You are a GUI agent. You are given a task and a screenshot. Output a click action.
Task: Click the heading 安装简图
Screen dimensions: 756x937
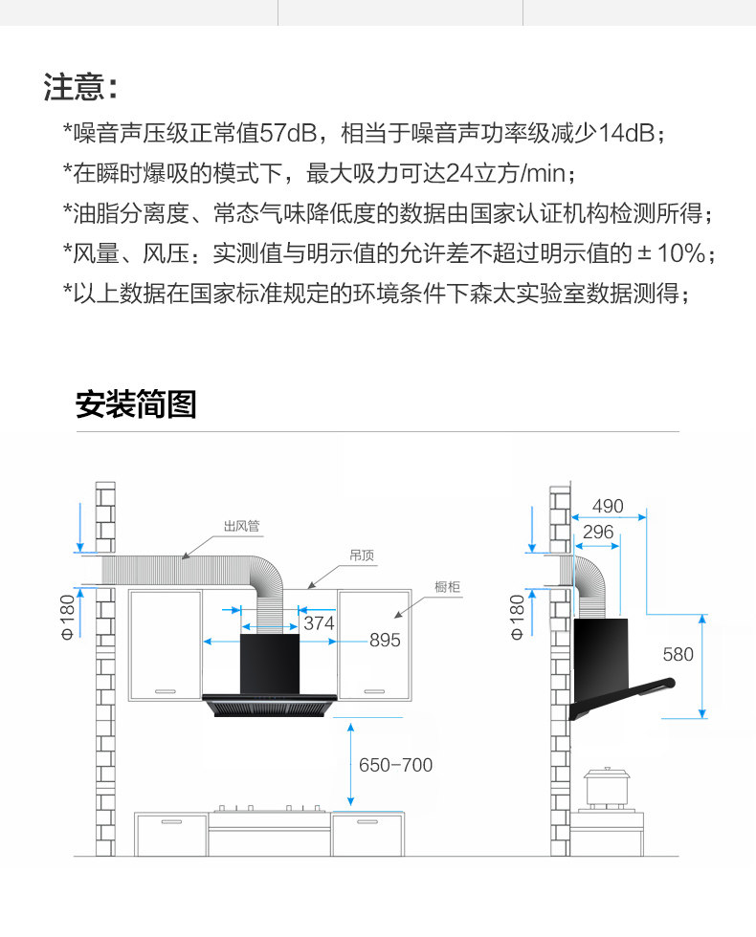[136, 404]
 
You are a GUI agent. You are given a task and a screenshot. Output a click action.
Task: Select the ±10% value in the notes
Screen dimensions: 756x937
[674, 253]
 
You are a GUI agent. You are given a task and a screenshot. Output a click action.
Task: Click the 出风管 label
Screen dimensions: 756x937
[242, 526]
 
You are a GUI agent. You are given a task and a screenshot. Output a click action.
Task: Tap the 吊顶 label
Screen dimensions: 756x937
[362, 555]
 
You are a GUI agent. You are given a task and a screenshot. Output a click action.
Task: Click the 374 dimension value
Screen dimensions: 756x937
[319, 623]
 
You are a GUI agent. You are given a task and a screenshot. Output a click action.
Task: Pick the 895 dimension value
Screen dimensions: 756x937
[385, 641]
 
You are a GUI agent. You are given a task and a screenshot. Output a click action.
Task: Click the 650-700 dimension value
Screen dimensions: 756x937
[395, 765]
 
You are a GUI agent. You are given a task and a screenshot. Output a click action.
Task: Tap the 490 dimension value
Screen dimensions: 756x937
[608, 506]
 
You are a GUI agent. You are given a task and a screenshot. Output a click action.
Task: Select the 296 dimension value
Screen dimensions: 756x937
[598, 532]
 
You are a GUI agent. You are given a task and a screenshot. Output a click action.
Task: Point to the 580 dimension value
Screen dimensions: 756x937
[678, 655]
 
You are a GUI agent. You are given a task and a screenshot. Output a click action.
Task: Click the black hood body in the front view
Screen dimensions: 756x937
[269, 663]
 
